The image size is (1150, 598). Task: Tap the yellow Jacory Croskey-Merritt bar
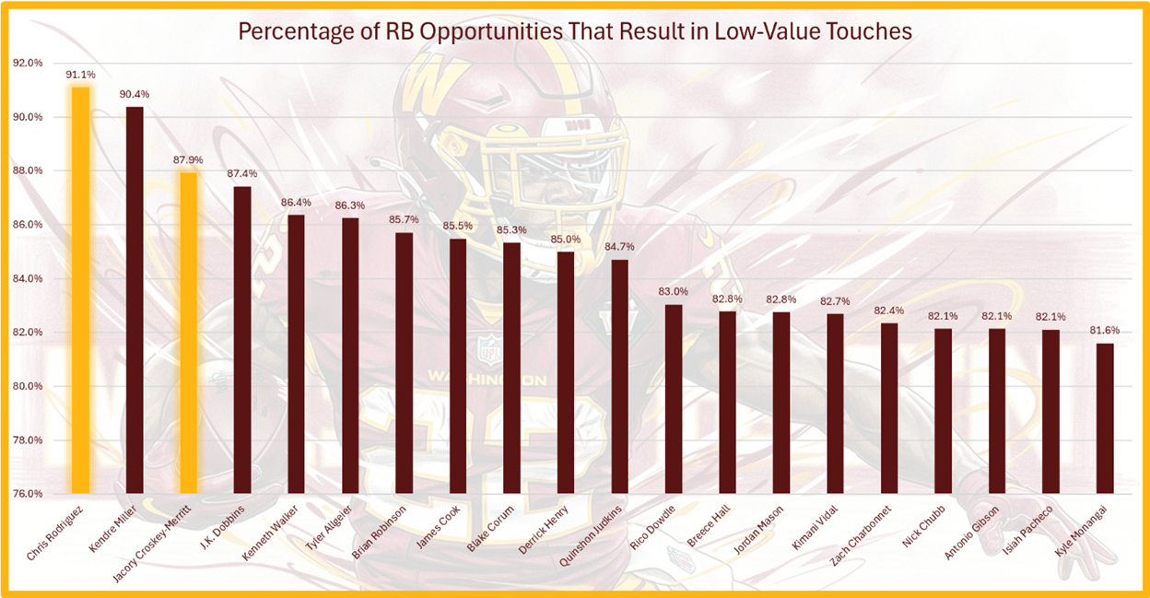(188, 332)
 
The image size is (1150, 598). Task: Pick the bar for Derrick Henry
(566, 372)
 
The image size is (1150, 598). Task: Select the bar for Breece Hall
(728, 402)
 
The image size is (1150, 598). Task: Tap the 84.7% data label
(620, 246)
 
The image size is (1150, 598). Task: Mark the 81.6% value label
(1105, 330)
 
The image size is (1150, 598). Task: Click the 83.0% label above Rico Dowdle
(674, 291)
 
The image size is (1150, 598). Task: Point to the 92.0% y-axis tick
(29, 64)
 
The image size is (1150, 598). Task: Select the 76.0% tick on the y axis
(29, 494)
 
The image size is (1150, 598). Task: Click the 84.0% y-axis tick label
(29, 278)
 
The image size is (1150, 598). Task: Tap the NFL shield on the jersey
(488, 348)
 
